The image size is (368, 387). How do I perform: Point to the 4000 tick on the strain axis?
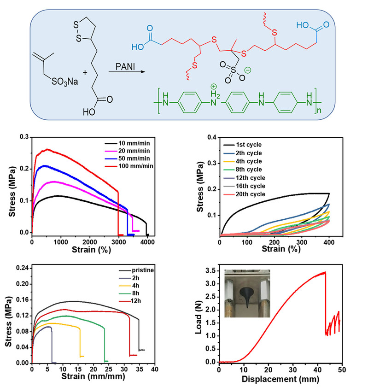click(146, 242)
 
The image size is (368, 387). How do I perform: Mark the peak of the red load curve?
click(325, 272)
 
